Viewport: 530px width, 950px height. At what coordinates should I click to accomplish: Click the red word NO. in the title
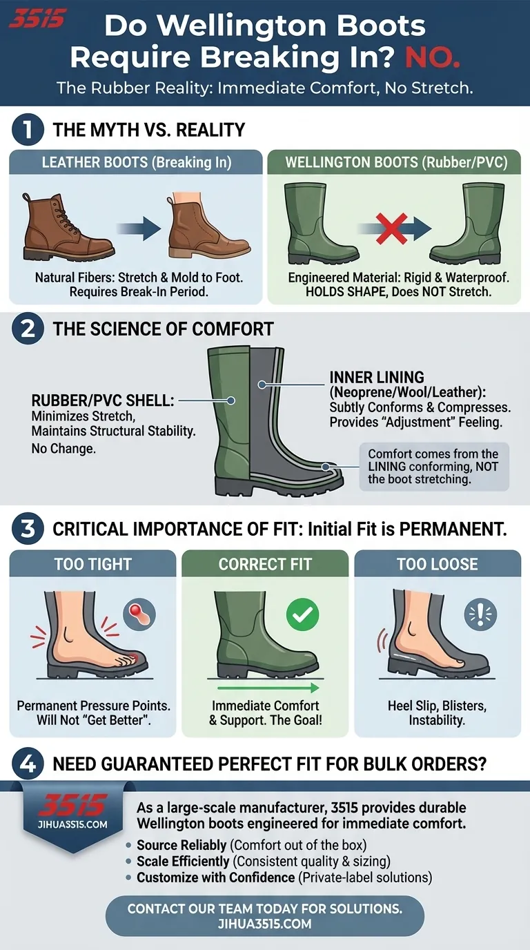point(433,57)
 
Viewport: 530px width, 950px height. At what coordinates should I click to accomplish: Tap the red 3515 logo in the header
point(37,19)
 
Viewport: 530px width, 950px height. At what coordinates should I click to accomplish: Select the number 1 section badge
point(28,130)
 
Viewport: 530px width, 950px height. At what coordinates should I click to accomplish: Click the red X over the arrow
point(391,229)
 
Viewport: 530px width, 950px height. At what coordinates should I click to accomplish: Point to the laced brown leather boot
point(68,226)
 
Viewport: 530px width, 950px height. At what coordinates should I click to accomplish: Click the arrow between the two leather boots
point(139,229)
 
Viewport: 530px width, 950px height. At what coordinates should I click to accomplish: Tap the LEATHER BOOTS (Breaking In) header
point(137,162)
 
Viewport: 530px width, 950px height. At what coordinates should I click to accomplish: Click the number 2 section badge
point(28,329)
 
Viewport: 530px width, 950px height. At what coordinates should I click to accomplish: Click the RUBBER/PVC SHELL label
point(103,400)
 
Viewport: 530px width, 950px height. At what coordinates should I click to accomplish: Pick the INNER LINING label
point(377,377)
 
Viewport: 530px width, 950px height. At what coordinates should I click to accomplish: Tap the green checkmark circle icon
point(303,614)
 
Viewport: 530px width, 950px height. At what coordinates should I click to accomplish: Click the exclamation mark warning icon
point(480,614)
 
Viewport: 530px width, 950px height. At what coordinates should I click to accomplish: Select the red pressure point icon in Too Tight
point(139,614)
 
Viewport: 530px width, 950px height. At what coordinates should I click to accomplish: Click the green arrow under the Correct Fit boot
point(268,688)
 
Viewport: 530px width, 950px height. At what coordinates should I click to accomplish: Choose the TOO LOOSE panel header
point(438,564)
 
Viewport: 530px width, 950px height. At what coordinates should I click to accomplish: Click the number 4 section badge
point(28,764)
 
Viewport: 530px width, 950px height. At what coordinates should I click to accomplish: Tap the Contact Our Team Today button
point(265,916)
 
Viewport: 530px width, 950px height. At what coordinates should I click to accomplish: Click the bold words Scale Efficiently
point(183,862)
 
